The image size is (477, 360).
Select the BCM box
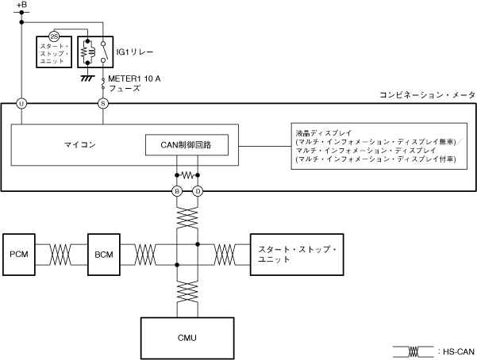pyautogui.click(x=102, y=254)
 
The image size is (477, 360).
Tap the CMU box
pyautogui.click(x=187, y=338)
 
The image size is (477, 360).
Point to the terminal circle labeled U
pyautogui.click(x=21, y=104)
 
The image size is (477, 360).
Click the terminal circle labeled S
pyautogui.click(x=102, y=104)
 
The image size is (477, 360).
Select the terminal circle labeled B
pyautogui.click(x=178, y=191)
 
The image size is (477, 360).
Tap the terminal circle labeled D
pyautogui.click(x=198, y=191)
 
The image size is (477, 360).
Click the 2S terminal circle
pyautogui.click(x=54, y=36)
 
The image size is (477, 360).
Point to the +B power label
pyautogui.click(x=21, y=6)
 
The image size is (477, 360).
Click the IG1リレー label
pyautogui.click(x=134, y=52)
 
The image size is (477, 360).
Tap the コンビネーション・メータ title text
pyautogui.click(x=426, y=95)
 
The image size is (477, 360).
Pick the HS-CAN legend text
pyautogui.click(x=456, y=350)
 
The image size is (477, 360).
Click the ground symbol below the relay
pyautogui.click(x=87, y=78)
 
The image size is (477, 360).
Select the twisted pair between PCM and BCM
pyautogui.click(x=60, y=254)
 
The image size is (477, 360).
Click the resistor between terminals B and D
pyautogui.click(x=187, y=174)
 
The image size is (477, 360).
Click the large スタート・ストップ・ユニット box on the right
pyautogui.click(x=297, y=255)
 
